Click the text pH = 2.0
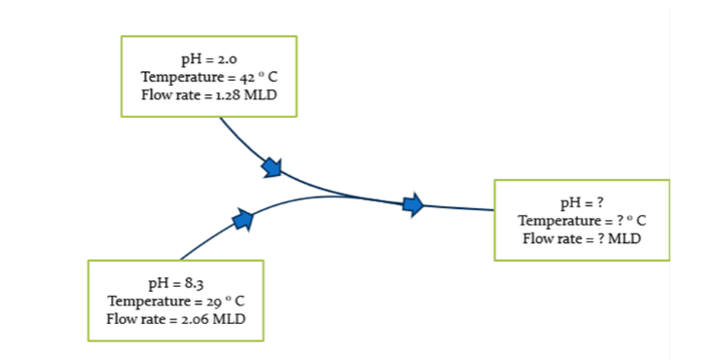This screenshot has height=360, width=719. [x=208, y=61]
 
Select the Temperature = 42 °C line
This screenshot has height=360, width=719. [x=208, y=77]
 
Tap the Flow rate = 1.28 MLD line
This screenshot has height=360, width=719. [x=208, y=93]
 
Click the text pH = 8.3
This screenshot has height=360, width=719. [x=175, y=284]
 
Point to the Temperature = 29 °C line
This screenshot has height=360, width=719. [x=175, y=301]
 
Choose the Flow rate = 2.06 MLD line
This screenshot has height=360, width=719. [x=175, y=317]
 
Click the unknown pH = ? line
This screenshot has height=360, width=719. [x=582, y=203]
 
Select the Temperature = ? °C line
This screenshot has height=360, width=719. [x=582, y=220]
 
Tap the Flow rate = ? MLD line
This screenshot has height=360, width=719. [x=582, y=237]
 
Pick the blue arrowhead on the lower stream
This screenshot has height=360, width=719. [x=243, y=219]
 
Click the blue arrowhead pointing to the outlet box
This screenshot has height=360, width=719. [x=413, y=204]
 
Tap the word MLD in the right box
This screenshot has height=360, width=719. [x=624, y=237]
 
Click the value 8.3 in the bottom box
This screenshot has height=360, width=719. [x=193, y=284]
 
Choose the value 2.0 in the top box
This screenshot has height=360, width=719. [x=226, y=61]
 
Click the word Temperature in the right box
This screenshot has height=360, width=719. [x=557, y=220]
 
